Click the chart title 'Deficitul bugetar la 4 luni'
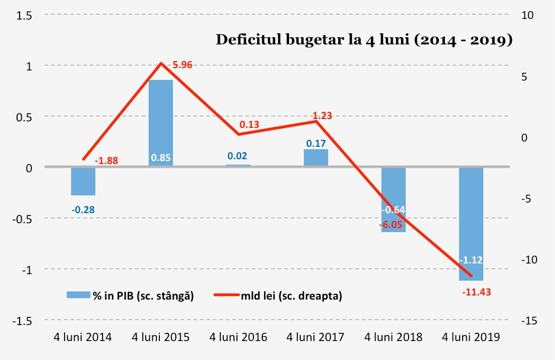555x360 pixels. pyautogui.click(x=364, y=40)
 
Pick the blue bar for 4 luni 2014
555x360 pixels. pyautogui.click(x=83, y=181)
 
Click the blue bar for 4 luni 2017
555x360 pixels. pyautogui.click(x=316, y=157)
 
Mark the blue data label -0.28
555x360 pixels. pyautogui.click(x=84, y=209)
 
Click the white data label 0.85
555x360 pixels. pyautogui.click(x=161, y=157)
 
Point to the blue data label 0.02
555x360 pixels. pyautogui.click(x=239, y=156)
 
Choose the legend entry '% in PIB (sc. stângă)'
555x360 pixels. pyautogui.click(x=130, y=295)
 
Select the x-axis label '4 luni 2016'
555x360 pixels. pyautogui.click(x=238, y=337)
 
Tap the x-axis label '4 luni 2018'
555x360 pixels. pyautogui.click(x=393, y=337)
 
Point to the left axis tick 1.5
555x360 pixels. pyautogui.click(x=24, y=15)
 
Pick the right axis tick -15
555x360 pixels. pyautogui.click(x=528, y=320)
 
